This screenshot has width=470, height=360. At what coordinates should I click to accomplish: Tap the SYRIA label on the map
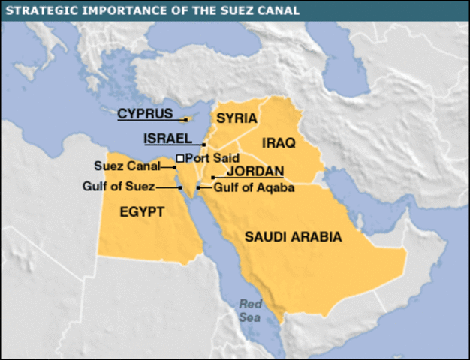click(x=237, y=118)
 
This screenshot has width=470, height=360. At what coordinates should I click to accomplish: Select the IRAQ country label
click(x=279, y=142)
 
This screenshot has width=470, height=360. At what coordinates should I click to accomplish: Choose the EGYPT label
click(x=142, y=212)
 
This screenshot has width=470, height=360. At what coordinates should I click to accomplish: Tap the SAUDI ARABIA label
click(x=293, y=237)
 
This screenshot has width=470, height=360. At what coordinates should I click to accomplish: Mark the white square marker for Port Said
click(x=179, y=158)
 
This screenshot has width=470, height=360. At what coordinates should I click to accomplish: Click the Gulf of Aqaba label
click(x=253, y=187)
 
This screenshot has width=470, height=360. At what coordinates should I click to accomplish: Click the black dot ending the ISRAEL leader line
click(x=204, y=144)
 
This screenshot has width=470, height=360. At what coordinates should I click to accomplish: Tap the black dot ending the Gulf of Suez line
click(x=180, y=187)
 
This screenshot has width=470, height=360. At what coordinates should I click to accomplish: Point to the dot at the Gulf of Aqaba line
click(x=198, y=187)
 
